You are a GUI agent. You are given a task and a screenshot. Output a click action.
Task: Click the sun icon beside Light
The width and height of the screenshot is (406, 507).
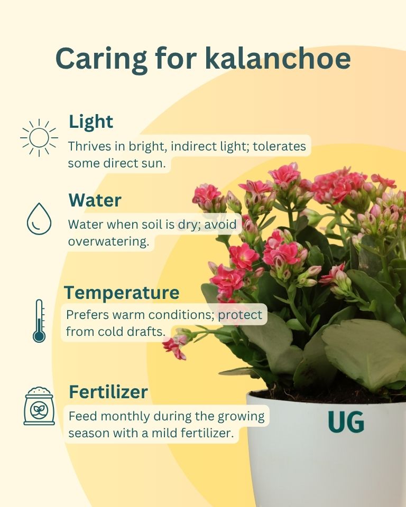[39, 137]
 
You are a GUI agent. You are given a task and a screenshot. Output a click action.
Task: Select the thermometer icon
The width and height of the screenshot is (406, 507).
[39, 321]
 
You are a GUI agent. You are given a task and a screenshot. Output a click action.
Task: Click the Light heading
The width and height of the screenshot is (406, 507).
[91, 122]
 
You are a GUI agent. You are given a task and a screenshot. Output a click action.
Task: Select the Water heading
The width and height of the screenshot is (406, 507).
[95, 200]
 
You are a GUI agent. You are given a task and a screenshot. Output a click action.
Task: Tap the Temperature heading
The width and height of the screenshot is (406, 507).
[122, 292]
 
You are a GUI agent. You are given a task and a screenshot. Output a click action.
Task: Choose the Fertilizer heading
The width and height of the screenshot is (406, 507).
[108, 392]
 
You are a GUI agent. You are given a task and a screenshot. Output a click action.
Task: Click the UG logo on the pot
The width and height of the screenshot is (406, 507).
[346, 422]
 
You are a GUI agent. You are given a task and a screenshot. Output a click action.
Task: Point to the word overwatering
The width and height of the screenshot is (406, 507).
[108, 241]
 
